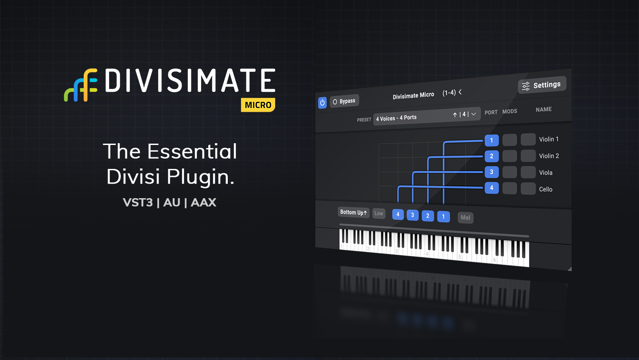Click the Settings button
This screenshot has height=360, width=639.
(542, 85)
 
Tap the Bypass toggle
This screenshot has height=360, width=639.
(344, 101)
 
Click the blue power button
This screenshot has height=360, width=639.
(322, 103)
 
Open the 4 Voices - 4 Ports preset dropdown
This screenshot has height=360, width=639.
(427, 116)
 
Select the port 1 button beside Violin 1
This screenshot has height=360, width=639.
(491, 140)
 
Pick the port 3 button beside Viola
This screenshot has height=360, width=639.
(491, 172)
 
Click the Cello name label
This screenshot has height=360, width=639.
(545, 189)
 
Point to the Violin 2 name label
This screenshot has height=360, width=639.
(549, 156)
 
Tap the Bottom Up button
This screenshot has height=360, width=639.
(354, 212)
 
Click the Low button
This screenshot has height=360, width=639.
(379, 213)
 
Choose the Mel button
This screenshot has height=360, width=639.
(466, 218)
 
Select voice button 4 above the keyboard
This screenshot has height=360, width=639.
(398, 215)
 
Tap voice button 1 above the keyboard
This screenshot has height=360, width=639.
(443, 217)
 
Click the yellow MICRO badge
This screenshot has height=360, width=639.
(258, 105)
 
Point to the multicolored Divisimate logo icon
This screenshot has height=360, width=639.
(81, 85)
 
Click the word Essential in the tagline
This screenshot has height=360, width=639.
(192, 151)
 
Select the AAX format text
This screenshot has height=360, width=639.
(203, 203)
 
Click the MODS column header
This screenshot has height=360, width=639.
(510, 111)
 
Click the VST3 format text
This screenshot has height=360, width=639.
(138, 203)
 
